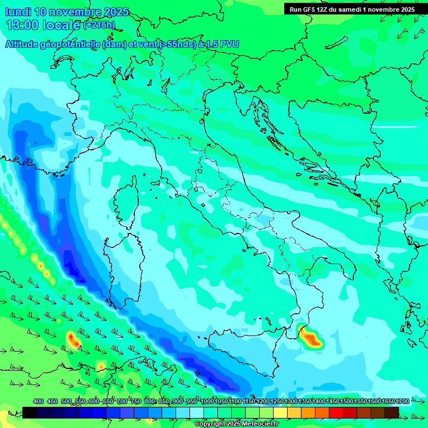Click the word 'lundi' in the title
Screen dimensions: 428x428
(x=18, y=12)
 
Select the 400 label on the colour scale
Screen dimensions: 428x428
(x=38, y=401)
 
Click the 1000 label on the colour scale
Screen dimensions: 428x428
(x=207, y=401)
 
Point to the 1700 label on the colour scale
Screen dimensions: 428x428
(x=402, y=401)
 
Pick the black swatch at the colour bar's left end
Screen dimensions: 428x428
(x=30, y=412)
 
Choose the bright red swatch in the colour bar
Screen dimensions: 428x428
(x=336, y=412)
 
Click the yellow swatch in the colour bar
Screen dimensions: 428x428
(x=280, y=412)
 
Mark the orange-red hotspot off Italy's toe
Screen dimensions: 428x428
(x=309, y=338)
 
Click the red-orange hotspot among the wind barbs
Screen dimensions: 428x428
(x=73, y=338)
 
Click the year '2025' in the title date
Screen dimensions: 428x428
(x=115, y=12)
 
